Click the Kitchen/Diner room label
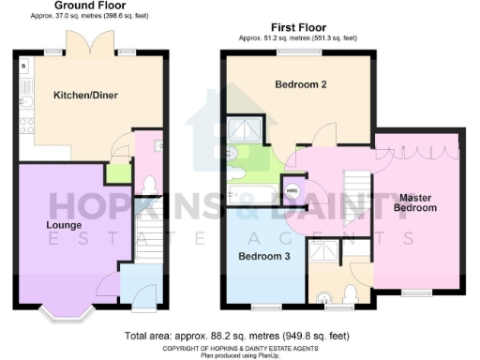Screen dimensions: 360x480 (x=78, y=96)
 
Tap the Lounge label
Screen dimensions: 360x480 (x=37, y=225)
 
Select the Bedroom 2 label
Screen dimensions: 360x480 (x=300, y=85)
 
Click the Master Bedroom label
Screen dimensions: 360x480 (x=416, y=202)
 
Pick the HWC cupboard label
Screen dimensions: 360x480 (x=292, y=190)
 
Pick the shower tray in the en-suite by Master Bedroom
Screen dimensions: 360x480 (x=327, y=252)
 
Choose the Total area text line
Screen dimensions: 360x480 (x=239, y=336)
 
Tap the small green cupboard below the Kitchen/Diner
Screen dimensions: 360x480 (x=118, y=173)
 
